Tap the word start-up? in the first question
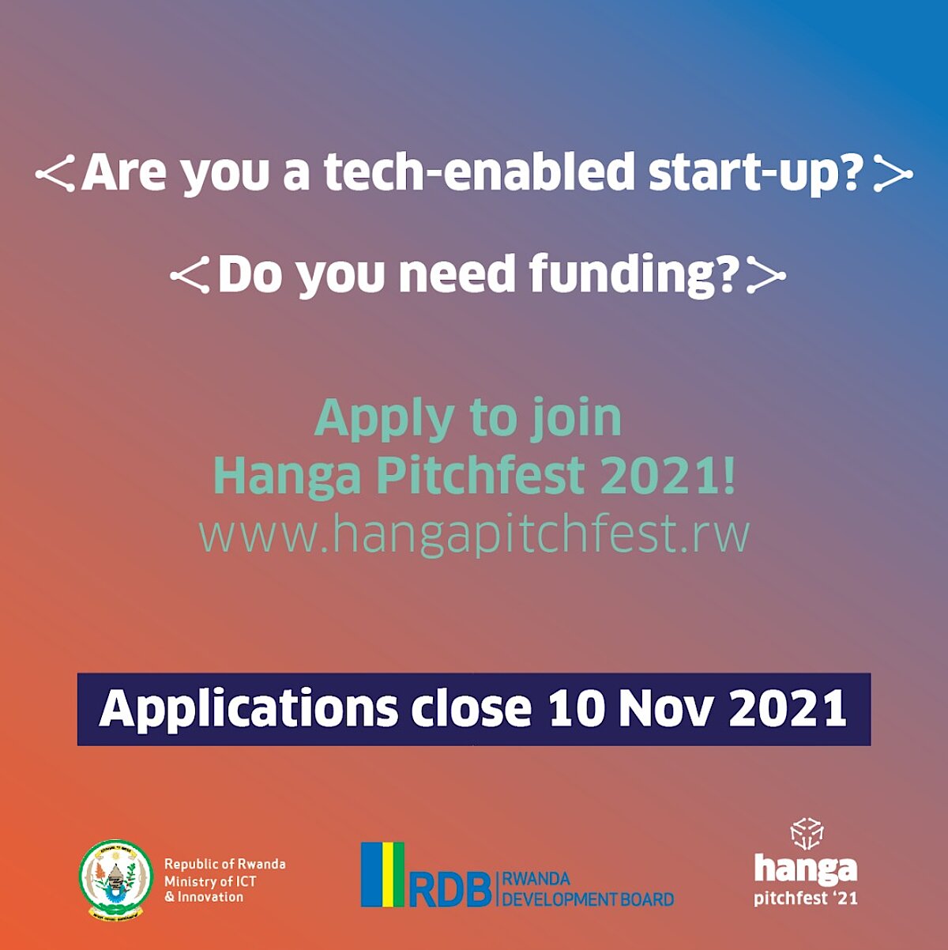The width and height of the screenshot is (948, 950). click(x=757, y=175)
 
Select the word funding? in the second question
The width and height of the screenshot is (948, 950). click(x=634, y=275)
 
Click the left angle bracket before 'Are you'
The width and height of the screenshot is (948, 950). click(x=55, y=174)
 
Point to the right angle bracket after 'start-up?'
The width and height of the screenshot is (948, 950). click(x=893, y=174)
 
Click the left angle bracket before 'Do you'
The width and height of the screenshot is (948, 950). click(x=190, y=275)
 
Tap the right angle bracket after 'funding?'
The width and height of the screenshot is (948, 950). click(x=766, y=275)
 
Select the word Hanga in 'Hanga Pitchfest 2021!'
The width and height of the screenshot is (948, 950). click(x=288, y=476)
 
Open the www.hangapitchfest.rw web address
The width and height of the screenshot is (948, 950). click(x=474, y=534)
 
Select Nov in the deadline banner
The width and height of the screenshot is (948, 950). click(x=665, y=708)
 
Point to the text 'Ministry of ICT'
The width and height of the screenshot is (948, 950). click(x=210, y=881)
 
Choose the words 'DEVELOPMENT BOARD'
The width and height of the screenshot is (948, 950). click(x=588, y=899)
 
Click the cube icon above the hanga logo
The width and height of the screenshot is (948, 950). click(x=807, y=834)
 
